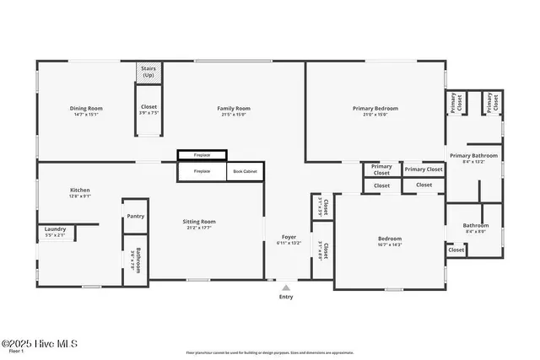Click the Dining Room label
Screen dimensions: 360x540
[x=85, y=108]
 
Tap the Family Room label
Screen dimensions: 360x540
[x=233, y=108]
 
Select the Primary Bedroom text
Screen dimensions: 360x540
[x=375, y=108]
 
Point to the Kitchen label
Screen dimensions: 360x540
[x=79, y=190]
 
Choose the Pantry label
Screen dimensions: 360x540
[x=135, y=216]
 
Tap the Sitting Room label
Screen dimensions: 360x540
[x=199, y=221]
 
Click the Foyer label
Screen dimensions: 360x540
[x=289, y=238]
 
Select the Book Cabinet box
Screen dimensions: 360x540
[x=245, y=171]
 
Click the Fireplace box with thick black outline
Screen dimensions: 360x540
[x=202, y=155]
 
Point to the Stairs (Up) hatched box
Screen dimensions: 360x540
[x=148, y=72]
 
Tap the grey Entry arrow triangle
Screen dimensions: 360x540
[x=285, y=287]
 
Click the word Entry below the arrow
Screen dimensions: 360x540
[x=286, y=297]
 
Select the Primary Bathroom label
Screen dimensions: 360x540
[x=473, y=155]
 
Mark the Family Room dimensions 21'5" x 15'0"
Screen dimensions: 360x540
[x=233, y=114]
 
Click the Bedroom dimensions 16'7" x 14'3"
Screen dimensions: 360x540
[x=389, y=244]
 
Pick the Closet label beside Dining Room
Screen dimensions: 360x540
[x=148, y=107]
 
